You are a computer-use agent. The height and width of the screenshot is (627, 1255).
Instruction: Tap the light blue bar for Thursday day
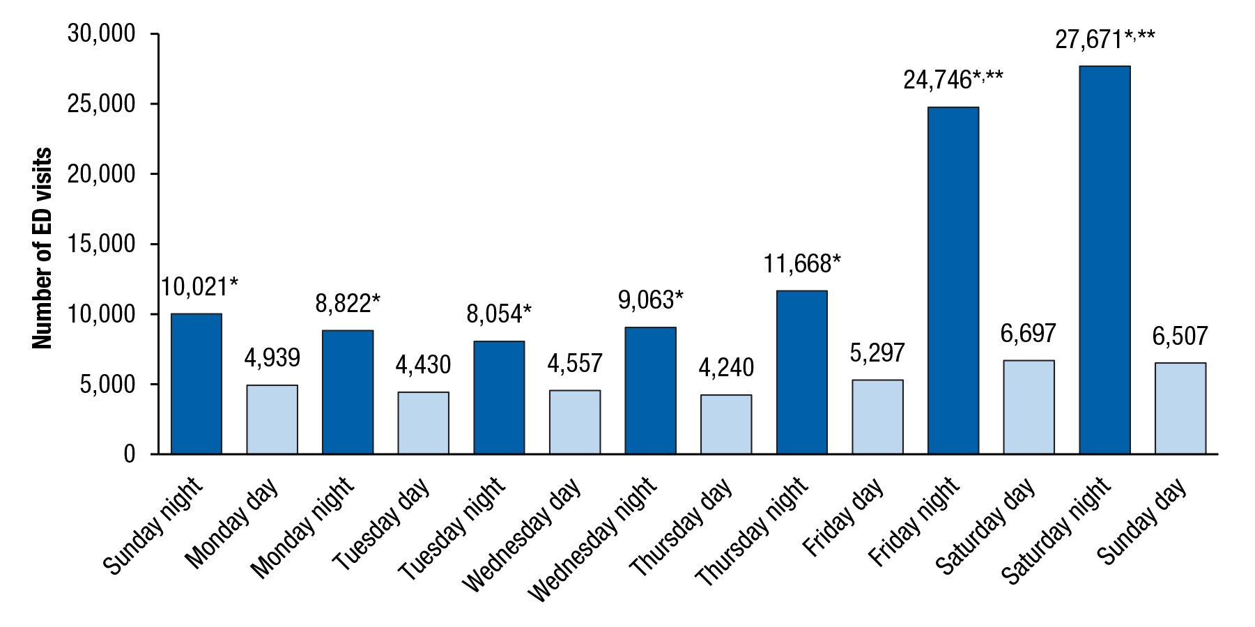click(x=726, y=424)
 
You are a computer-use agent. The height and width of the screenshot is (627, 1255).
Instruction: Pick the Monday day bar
click(x=272, y=419)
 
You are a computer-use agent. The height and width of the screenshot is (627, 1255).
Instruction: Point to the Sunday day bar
click(x=1180, y=408)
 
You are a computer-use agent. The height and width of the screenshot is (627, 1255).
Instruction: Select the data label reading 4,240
click(x=726, y=367)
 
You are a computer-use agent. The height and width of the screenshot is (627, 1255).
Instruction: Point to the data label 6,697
click(x=1028, y=334)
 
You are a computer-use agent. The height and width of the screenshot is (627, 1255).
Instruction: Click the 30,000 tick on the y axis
click(x=102, y=33)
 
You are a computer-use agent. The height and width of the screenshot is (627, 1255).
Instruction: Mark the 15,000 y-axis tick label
click(x=102, y=244)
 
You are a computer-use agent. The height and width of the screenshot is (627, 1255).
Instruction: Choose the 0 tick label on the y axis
click(x=129, y=454)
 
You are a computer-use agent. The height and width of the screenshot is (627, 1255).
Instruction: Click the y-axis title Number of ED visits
click(x=43, y=248)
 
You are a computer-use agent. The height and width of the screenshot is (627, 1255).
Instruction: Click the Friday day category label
click(x=843, y=517)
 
